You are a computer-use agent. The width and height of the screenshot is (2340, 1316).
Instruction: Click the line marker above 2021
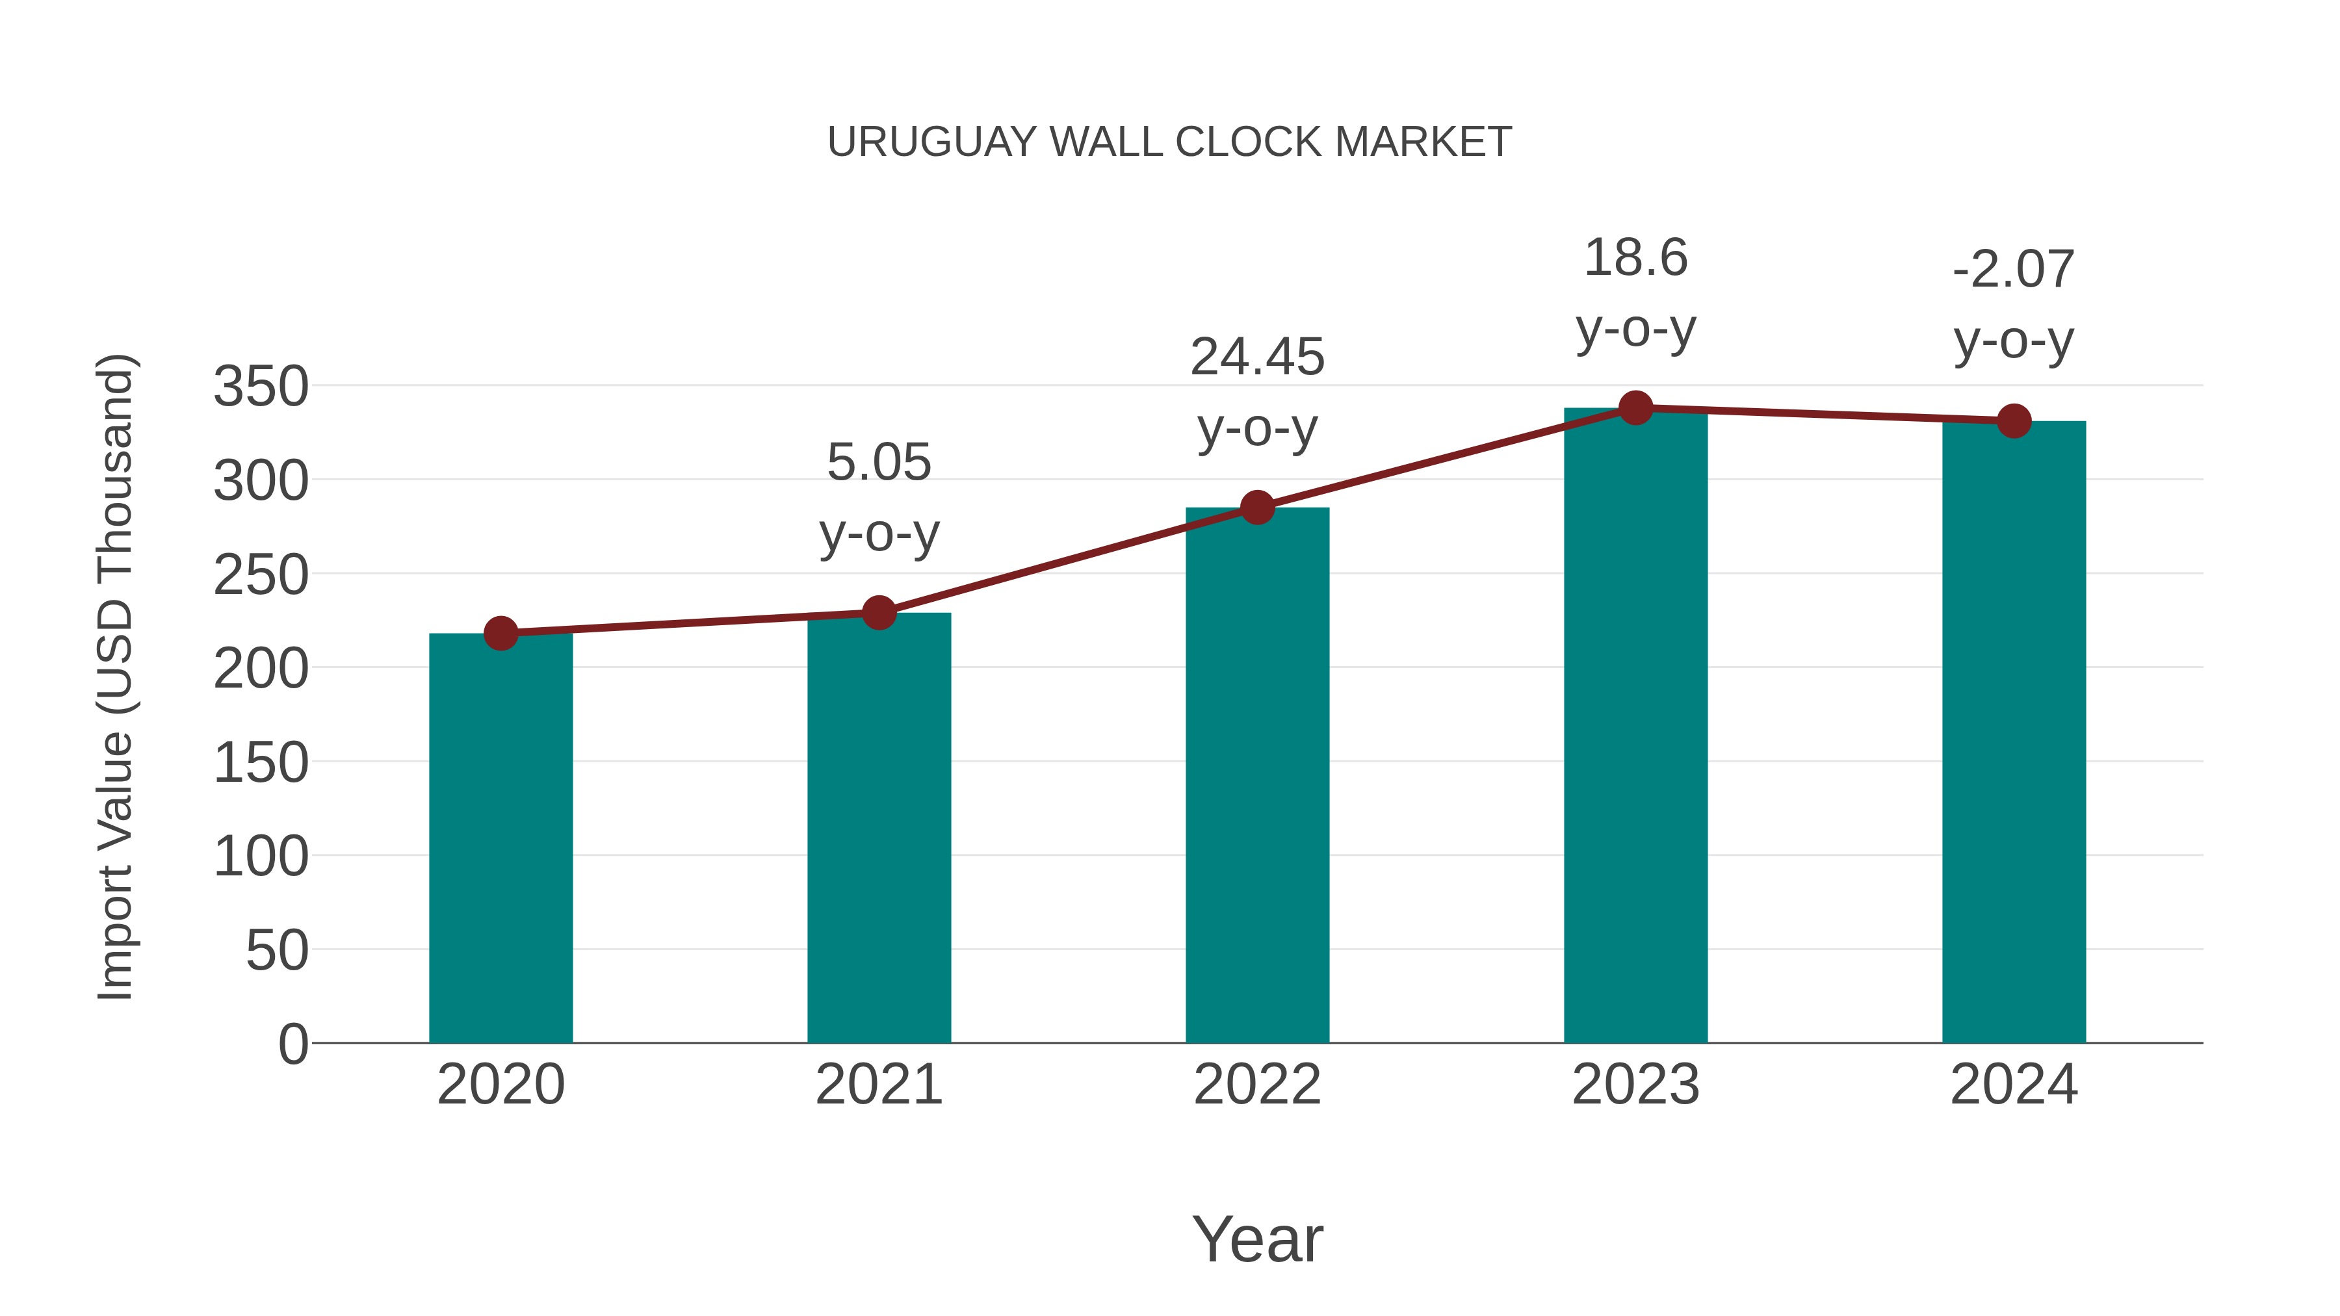(878, 613)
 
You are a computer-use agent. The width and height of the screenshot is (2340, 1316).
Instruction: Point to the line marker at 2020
(500, 633)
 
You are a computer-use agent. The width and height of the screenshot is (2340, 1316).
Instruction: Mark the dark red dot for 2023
(1635, 407)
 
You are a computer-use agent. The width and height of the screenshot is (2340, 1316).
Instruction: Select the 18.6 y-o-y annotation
(1635, 292)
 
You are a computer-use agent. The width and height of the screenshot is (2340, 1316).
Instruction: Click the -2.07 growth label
(2014, 304)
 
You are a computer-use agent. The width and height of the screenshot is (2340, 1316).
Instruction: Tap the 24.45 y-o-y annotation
(1257, 393)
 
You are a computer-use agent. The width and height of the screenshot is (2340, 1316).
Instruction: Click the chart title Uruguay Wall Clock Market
(1169, 142)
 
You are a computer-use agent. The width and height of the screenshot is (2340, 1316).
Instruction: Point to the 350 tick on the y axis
(261, 387)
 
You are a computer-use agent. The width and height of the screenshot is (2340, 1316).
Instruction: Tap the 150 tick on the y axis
(261, 763)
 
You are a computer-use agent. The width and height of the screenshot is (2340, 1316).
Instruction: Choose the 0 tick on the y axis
(292, 1044)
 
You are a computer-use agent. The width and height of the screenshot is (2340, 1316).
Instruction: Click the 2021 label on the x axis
(878, 1085)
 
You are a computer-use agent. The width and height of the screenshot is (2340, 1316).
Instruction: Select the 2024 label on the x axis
(2014, 1085)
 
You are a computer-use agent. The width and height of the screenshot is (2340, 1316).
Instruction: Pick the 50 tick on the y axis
(276, 951)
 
